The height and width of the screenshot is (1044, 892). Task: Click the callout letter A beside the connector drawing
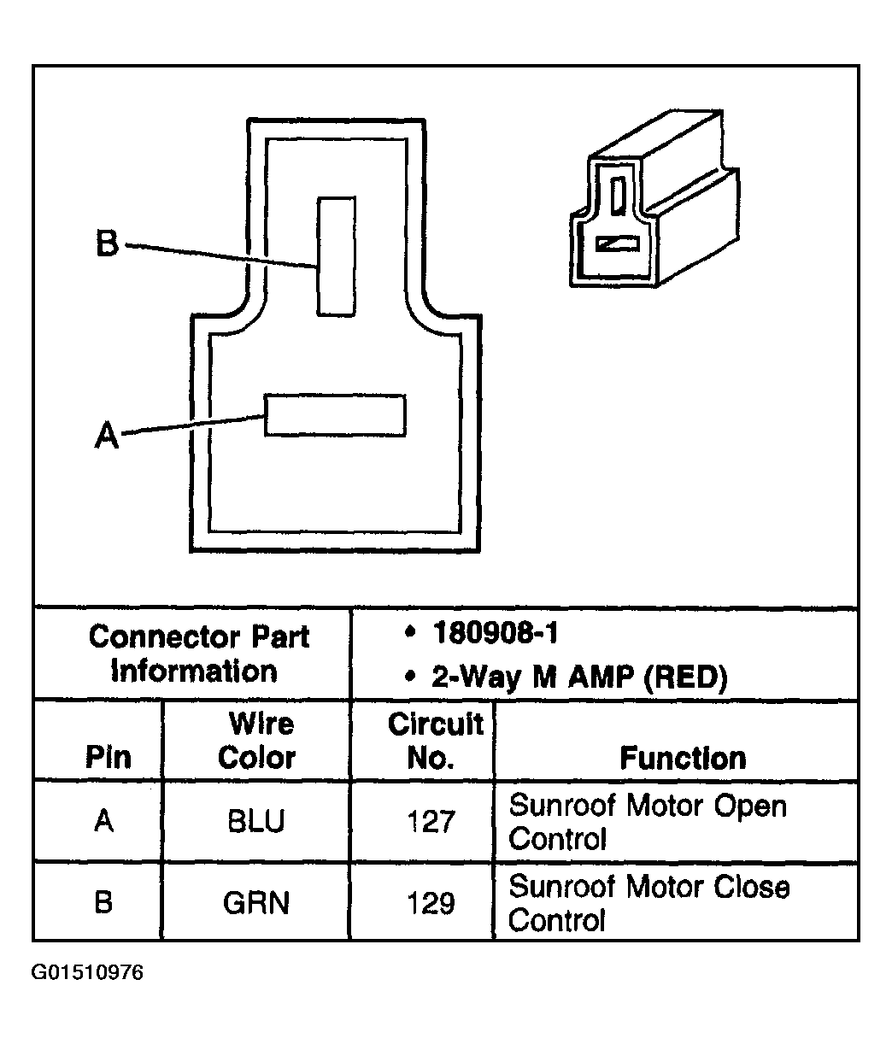[x=107, y=434]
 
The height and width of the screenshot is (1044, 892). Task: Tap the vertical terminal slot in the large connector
[x=336, y=256]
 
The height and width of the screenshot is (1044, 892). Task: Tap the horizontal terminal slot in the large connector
[x=335, y=415]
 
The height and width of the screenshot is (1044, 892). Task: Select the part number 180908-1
[x=495, y=632]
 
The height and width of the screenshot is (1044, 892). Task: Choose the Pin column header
[x=109, y=757]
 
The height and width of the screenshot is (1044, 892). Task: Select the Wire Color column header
[x=257, y=741]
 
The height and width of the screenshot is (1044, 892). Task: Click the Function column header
[x=683, y=758]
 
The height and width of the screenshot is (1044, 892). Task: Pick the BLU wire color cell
[x=256, y=821]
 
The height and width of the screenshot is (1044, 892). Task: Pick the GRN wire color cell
[x=256, y=902]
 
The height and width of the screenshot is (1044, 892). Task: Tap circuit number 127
[x=431, y=821]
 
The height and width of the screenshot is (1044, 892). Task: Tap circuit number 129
[x=431, y=903]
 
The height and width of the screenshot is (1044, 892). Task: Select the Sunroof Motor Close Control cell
[x=648, y=903]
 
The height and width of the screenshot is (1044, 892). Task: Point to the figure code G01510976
[x=87, y=972]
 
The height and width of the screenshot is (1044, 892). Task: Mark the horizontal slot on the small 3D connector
[x=617, y=244]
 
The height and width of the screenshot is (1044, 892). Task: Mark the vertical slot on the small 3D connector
[x=618, y=195]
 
